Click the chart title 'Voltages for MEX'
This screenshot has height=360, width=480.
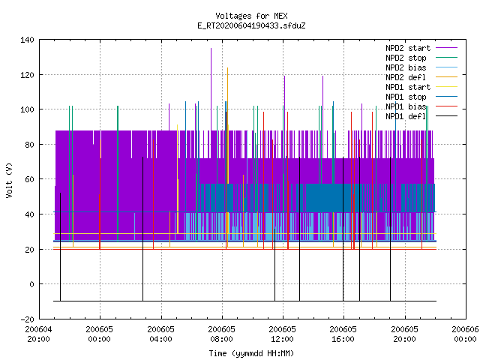point(251,16)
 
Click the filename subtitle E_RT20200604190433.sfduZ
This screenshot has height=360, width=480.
point(251,25)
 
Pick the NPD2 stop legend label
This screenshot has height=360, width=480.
point(406,58)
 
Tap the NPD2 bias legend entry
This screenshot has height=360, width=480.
point(406,67)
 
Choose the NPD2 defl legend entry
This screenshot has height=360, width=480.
point(406,77)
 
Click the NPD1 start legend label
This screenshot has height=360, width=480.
point(408,87)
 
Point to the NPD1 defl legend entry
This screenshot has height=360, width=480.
point(406,116)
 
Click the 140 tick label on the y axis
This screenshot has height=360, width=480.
point(27,40)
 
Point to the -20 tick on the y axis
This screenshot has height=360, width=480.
point(27,319)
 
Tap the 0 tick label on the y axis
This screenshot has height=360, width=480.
point(31,284)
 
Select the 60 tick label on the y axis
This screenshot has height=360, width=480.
point(29,179)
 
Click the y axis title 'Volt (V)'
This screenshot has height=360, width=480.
point(10,180)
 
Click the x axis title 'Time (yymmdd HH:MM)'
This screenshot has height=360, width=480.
point(251,353)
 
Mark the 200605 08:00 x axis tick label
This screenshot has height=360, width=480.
point(222,334)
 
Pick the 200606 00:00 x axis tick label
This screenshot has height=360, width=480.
point(465,334)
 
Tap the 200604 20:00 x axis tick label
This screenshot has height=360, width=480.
point(38,334)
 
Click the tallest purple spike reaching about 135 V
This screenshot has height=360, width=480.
point(211,89)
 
